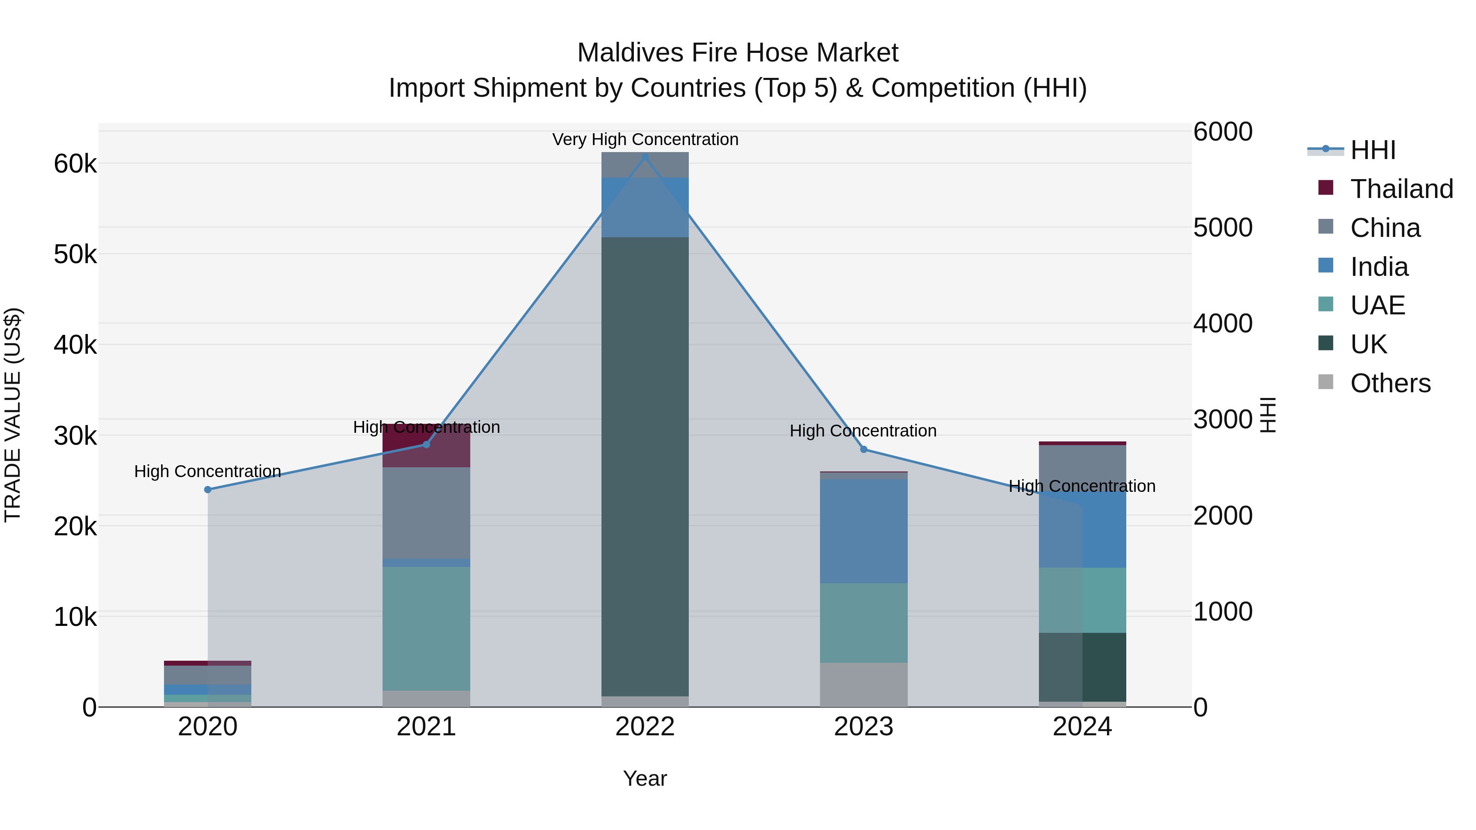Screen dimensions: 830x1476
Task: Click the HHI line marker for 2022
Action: (645, 157)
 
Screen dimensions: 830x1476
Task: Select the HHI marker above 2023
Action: (863, 449)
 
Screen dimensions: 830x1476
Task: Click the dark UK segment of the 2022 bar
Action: (645, 467)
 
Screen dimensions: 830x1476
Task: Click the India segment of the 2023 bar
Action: (863, 531)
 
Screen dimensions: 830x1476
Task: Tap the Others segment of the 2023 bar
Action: (863, 684)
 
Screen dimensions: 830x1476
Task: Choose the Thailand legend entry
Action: (1401, 189)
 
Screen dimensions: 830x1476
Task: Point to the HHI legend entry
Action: (1372, 150)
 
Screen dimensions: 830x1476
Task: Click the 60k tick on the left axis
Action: (75, 164)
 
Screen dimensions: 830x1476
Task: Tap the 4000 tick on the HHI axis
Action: (1223, 324)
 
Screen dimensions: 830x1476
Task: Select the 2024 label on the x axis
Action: (1082, 727)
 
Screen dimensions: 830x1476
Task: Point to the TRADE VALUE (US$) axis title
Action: (13, 415)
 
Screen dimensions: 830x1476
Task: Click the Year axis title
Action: (645, 778)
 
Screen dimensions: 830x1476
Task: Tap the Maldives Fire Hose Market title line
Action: (738, 53)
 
